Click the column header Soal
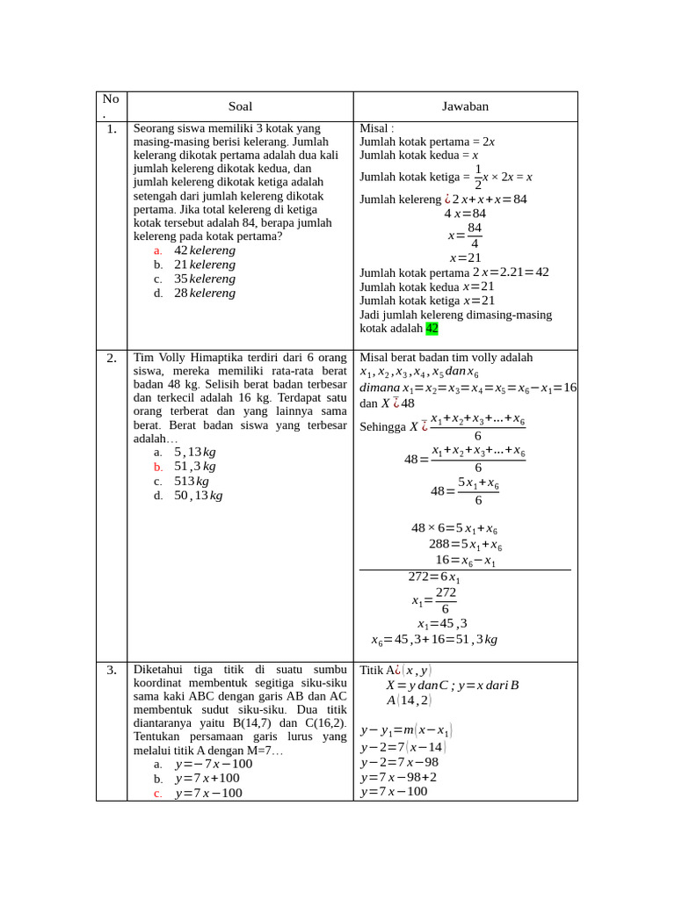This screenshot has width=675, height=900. point(240,106)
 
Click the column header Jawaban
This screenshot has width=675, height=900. point(465,106)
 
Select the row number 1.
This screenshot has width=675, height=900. point(111,129)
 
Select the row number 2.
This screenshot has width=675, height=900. point(111,358)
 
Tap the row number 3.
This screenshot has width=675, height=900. point(111,670)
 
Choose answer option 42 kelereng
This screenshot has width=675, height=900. point(204,250)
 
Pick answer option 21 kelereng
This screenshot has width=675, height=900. point(204,265)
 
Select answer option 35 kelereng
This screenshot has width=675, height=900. point(204,279)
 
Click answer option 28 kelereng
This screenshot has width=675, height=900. point(204,293)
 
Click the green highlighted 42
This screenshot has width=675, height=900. point(432,329)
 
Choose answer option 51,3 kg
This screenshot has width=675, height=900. point(194,467)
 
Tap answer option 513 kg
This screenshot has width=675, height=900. point(191,481)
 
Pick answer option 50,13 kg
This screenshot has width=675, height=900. point(198,496)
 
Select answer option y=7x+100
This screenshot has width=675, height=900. point(207,778)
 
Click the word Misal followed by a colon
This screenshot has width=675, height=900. point(377,128)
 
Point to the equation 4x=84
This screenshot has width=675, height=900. point(464,214)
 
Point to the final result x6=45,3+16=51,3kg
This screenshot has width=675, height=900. point(434,640)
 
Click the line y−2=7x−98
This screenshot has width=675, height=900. point(399,762)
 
